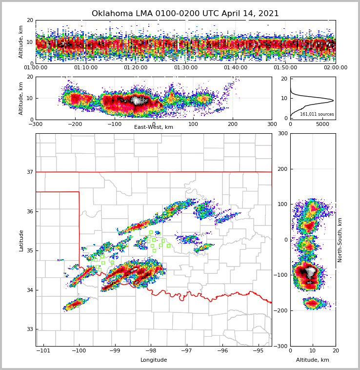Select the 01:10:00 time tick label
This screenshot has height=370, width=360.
[x=85, y=68]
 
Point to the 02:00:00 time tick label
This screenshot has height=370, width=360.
[x=335, y=68]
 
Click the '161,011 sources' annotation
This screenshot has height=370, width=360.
[x=317, y=114]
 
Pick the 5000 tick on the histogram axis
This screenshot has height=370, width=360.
[x=323, y=124]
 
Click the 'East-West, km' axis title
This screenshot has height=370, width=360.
[x=153, y=127]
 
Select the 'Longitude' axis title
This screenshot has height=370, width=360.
[x=153, y=360]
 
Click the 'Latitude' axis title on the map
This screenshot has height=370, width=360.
[x=21, y=240]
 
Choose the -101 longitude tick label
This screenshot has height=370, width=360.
[x=43, y=350]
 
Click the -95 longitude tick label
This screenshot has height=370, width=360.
[x=258, y=350]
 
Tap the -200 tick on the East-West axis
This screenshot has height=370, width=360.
[x=75, y=124]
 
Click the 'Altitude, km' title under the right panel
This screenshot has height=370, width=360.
[x=312, y=360]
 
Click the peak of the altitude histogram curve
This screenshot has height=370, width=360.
[x=333, y=101]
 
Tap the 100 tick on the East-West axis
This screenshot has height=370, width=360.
[x=193, y=124]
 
